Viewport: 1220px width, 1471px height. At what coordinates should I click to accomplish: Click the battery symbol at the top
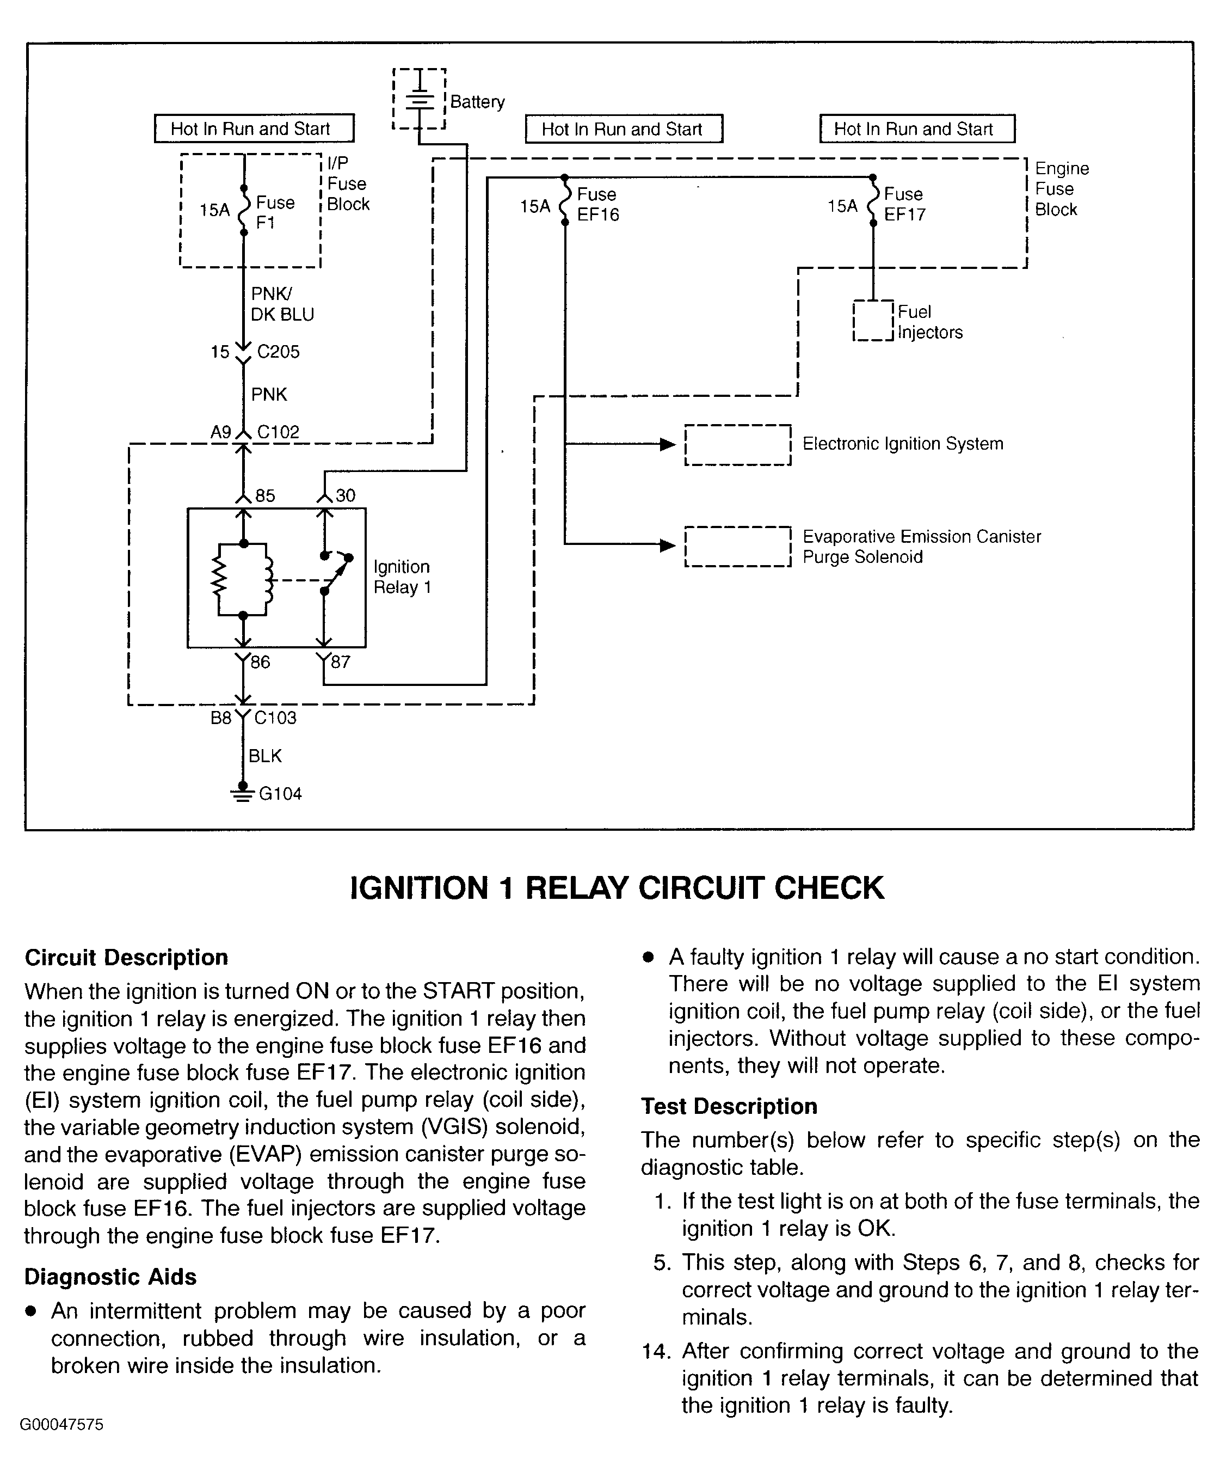pyautogui.click(x=419, y=100)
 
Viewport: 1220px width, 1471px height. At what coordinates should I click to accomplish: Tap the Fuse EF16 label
pyautogui.click(x=597, y=205)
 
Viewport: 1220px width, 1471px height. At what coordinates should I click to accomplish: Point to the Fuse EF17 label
pyautogui.click(x=904, y=205)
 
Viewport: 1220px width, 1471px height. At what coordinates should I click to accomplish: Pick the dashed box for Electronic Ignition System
pyautogui.click(x=737, y=445)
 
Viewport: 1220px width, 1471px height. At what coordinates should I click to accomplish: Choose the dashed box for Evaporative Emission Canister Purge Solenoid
pyautogui.click(x=737, y=547)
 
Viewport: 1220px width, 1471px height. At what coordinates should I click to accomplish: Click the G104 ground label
pyautogui.click(x=280, y=794)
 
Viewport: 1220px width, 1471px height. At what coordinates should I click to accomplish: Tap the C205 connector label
pyautogui.click(x=278, y=352)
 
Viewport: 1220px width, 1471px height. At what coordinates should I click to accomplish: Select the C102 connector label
pyautogui.click(x=278, y=432)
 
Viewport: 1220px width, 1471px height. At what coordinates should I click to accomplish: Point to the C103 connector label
pyautogui.click(x=275, y=718)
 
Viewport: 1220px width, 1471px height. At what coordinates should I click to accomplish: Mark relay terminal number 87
pyautogui.click(x=340, y=662)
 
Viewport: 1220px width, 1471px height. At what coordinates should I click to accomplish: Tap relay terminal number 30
pyautogui.click(x=346, y=496)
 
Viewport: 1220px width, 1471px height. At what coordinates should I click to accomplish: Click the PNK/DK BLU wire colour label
pyautogui.click(x=282, y=305)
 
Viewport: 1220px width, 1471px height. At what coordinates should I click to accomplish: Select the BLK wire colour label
pyautogui.click(x=264, y=756)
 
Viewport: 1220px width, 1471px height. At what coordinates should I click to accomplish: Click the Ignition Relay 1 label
pyautogui.click(x=402, y=577)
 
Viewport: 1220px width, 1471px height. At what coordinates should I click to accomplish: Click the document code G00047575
pyautogui.click(x=61, y=1425)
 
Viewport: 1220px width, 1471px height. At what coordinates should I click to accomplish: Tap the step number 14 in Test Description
pyautogui.click(x=656, y=1351)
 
